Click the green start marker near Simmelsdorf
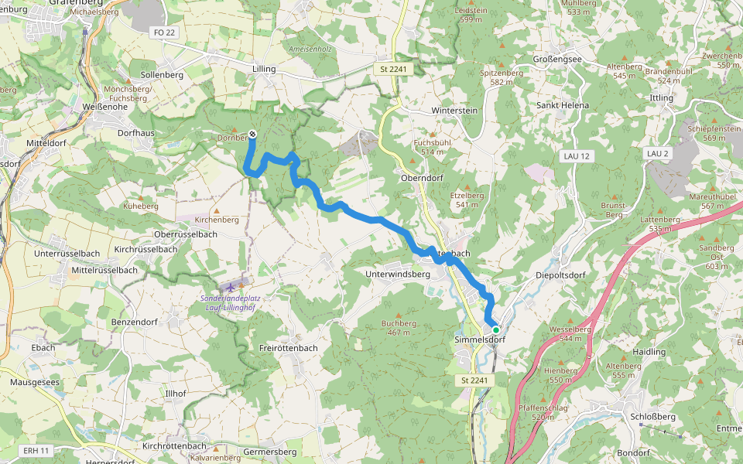coord(496,329)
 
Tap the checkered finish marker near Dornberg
coord(252,134)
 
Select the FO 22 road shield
coord(164,32)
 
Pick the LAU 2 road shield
coord(657,154)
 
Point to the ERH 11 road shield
coord(36,450)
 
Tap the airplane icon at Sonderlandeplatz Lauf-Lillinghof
coord(230,288)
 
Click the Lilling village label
coord(264,69)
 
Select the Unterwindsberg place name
coord(397,274)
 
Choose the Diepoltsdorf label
coord(560,275)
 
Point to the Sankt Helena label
coord(563,105)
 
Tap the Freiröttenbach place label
coord(289,348)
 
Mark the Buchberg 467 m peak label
coord(399,328)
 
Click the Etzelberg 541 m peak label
coord(466,200)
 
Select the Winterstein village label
coord(454,111)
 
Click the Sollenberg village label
coord(163,75)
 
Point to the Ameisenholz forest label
coord(310,49)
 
